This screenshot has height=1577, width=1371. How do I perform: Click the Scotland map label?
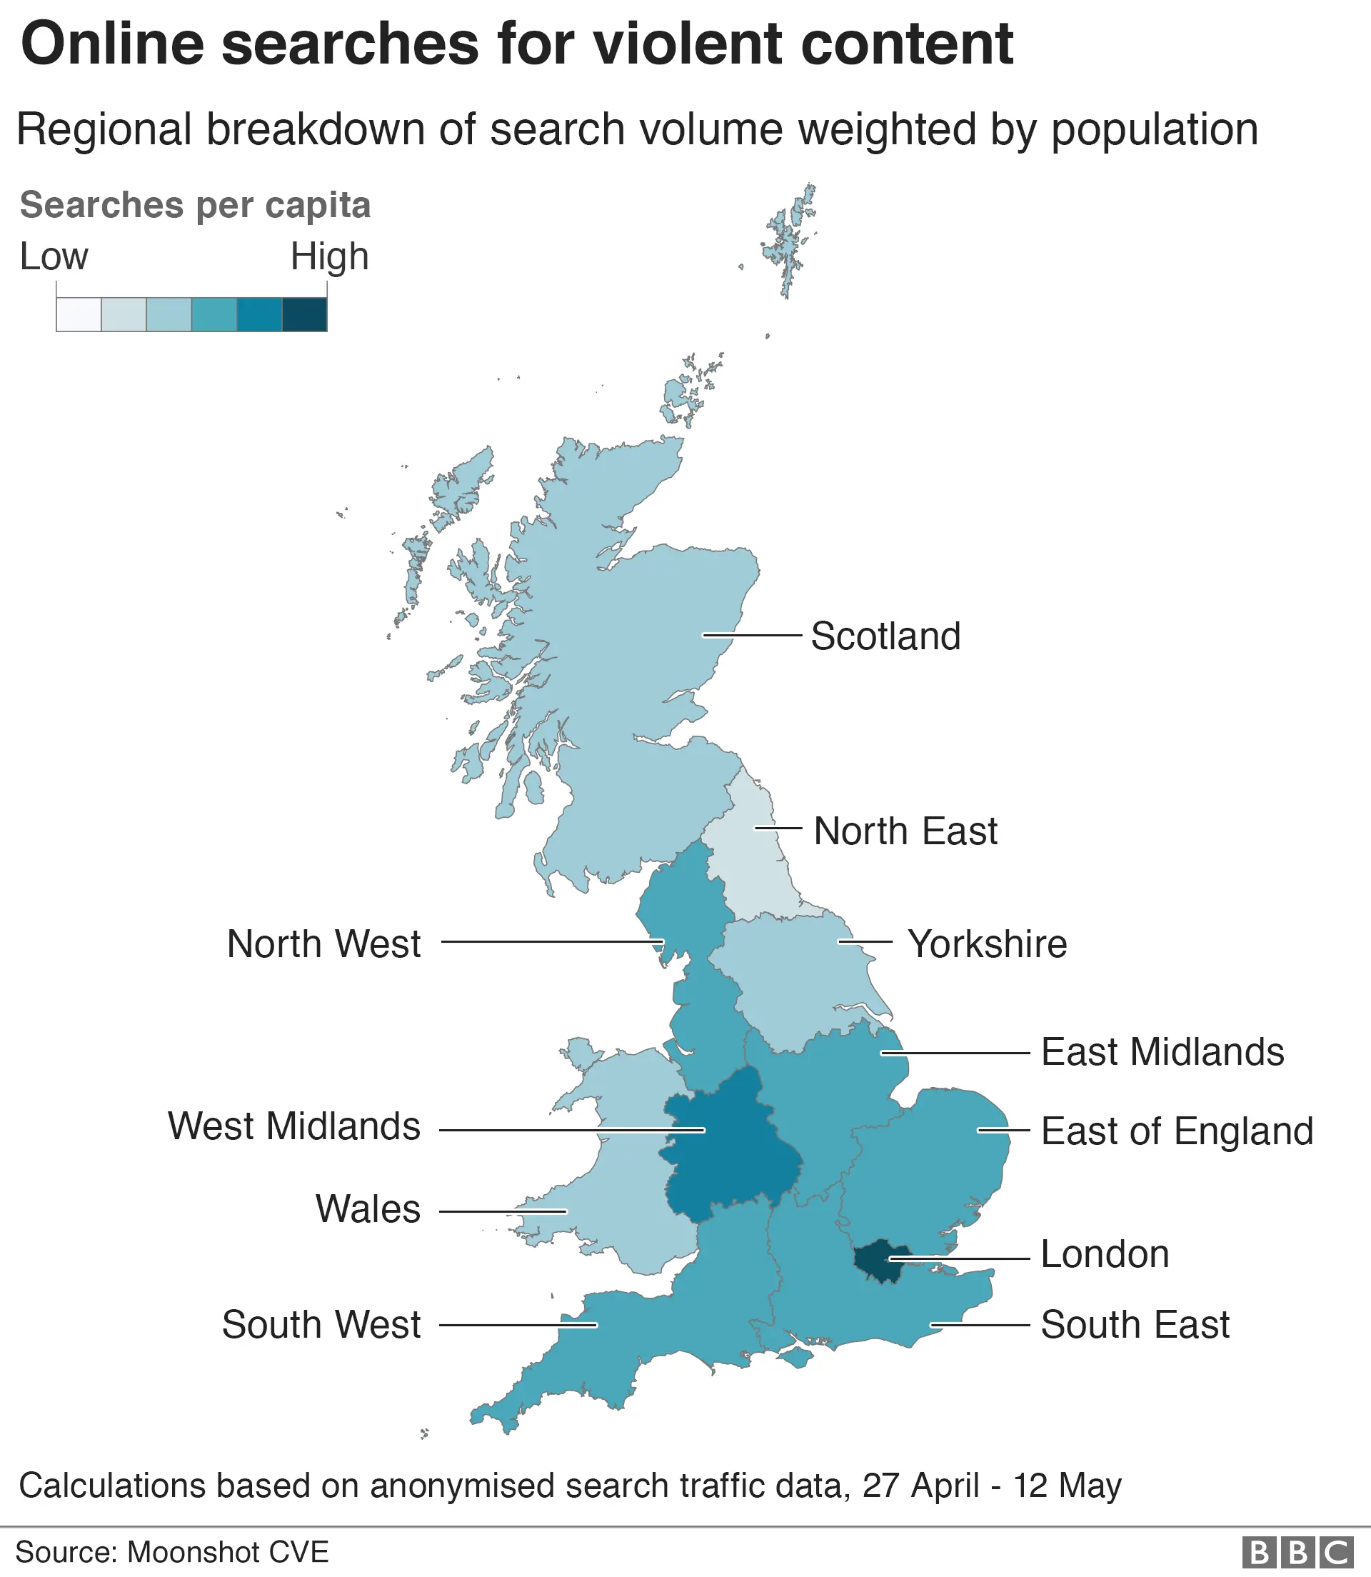point(885,636)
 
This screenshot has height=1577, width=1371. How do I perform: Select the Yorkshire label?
point(987,943)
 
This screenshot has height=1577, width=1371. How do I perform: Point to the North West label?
point(323,943)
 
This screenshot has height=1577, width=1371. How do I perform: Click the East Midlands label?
point(1162,1052)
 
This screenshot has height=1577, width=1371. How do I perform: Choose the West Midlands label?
point(293,1126)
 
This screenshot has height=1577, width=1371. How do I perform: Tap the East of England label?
point(1177,1131)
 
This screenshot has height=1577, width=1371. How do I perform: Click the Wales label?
point(368,1209)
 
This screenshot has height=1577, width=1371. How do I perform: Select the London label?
point(1105,1254)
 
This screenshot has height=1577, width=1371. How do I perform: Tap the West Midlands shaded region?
point(727,1148)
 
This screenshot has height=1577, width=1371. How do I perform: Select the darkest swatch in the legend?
point(304,314)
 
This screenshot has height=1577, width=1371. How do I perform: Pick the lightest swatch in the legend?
point(79,314)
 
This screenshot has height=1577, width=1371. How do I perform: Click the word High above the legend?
point(329,256)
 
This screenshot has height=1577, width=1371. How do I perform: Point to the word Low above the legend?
point(54,256)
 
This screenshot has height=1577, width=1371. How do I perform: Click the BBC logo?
point(1296,1553)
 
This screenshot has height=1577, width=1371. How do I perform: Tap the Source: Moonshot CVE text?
point(172,1552)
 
